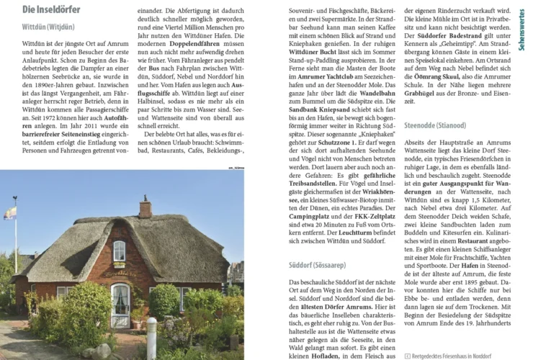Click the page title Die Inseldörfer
point(51,9)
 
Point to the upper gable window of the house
point(119,250)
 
